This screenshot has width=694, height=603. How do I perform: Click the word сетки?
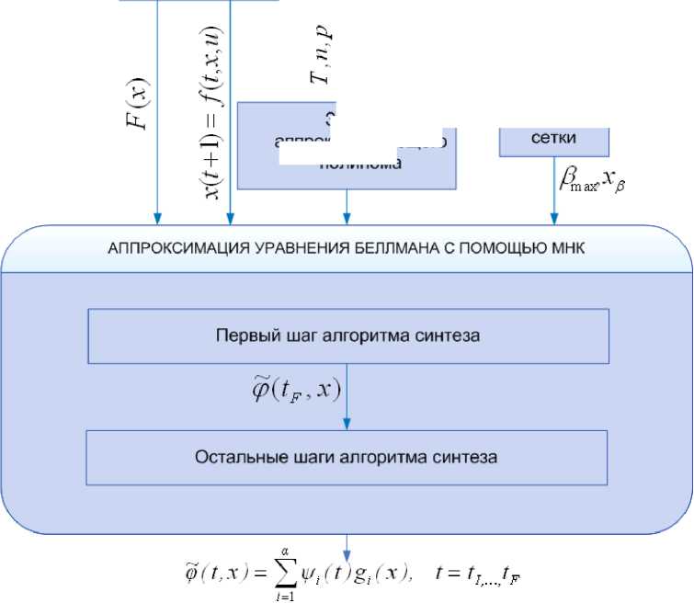[553, 139]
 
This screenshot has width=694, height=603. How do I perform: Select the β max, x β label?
[593, 181]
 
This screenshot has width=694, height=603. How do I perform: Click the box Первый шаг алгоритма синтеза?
[347, 336]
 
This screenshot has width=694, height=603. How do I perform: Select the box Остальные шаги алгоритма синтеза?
[347, 455]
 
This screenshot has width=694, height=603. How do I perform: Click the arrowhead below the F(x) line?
[158, 221]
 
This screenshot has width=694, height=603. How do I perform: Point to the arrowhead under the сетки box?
[554, 221]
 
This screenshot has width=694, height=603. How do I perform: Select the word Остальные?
[232, 455]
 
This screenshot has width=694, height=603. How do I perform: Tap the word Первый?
[244, 336]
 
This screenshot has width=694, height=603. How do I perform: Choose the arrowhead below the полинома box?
[347, 221]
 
